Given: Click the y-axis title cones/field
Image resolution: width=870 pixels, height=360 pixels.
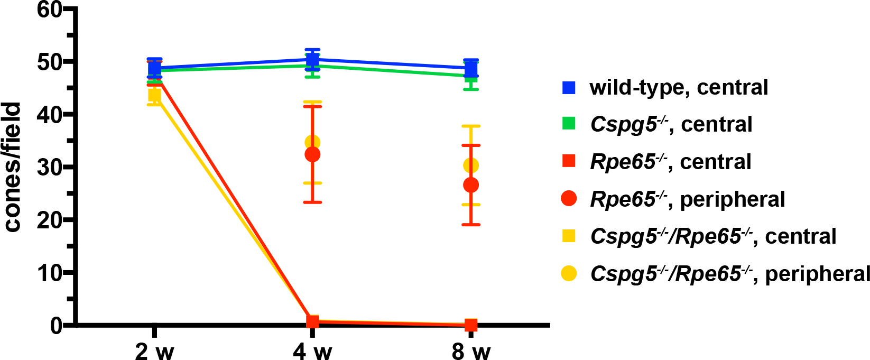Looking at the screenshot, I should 14,167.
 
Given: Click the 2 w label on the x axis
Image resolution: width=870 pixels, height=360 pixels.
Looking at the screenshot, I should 154,350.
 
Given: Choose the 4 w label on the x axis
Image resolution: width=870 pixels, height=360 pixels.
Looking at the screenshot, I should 312,350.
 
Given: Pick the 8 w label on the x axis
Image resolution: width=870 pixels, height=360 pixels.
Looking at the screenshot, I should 471,350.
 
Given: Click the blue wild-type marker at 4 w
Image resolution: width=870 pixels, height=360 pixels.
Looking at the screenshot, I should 312,60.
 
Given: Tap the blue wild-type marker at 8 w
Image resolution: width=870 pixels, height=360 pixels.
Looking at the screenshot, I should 471,68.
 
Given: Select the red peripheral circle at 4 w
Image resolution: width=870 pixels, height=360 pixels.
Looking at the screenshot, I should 312,154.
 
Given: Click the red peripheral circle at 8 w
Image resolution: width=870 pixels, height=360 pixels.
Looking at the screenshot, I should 471,185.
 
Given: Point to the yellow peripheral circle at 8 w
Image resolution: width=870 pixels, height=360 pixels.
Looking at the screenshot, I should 471,165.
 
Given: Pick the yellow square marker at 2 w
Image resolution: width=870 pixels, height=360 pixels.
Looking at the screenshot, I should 154,95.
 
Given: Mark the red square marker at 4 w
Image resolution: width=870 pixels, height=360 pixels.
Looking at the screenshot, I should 312,321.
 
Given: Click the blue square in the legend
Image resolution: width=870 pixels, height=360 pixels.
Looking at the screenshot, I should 569,87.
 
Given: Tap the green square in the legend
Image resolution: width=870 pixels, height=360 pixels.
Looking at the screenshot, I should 569,124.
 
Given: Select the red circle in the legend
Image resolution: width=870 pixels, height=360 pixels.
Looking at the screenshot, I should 569,199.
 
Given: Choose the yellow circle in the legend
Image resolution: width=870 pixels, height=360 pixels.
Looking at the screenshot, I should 569,274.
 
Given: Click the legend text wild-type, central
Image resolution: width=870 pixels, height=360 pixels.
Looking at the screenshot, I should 679,87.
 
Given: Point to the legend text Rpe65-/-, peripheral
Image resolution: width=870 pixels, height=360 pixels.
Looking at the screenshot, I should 687,199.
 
